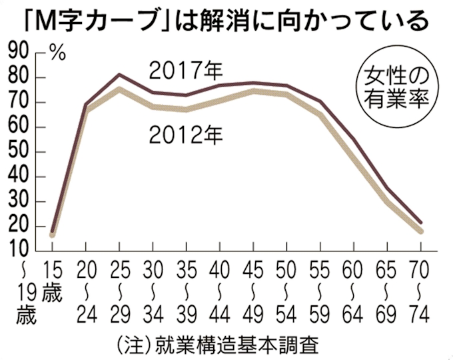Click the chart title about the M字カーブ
(x=226, y=20)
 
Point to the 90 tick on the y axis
(x=20, y=53)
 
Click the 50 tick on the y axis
(x=20, y=152)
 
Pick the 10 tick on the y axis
(x=20, y=251)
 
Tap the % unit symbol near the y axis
(x=58, y=55)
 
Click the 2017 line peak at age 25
(x=119, y=74)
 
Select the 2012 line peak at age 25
(x=119, y=89)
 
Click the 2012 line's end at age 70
(x=420, y=231)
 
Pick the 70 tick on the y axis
(x=20, y=103)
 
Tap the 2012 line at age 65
(x=386, y=200)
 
